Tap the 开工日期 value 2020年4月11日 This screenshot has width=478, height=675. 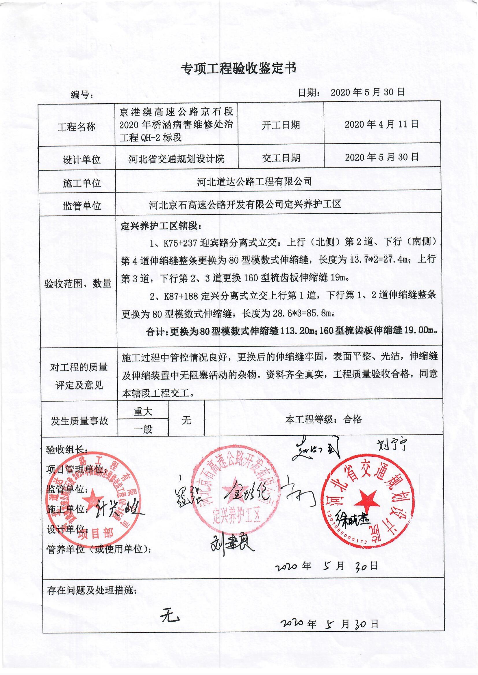click(x=382, y=124)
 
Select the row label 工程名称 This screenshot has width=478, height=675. click(x=77, y=127)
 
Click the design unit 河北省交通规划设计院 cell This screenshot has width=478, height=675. click(x=176, y=159)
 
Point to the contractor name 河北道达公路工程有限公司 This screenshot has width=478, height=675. click(x=254, y=181)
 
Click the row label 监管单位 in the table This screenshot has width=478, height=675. click(x=82, y=206)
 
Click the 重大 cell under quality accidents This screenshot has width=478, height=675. click(x=143, y=412)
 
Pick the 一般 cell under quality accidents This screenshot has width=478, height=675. click(x=143, y=430)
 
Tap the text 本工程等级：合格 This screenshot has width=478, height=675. click(x=323, y=419)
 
